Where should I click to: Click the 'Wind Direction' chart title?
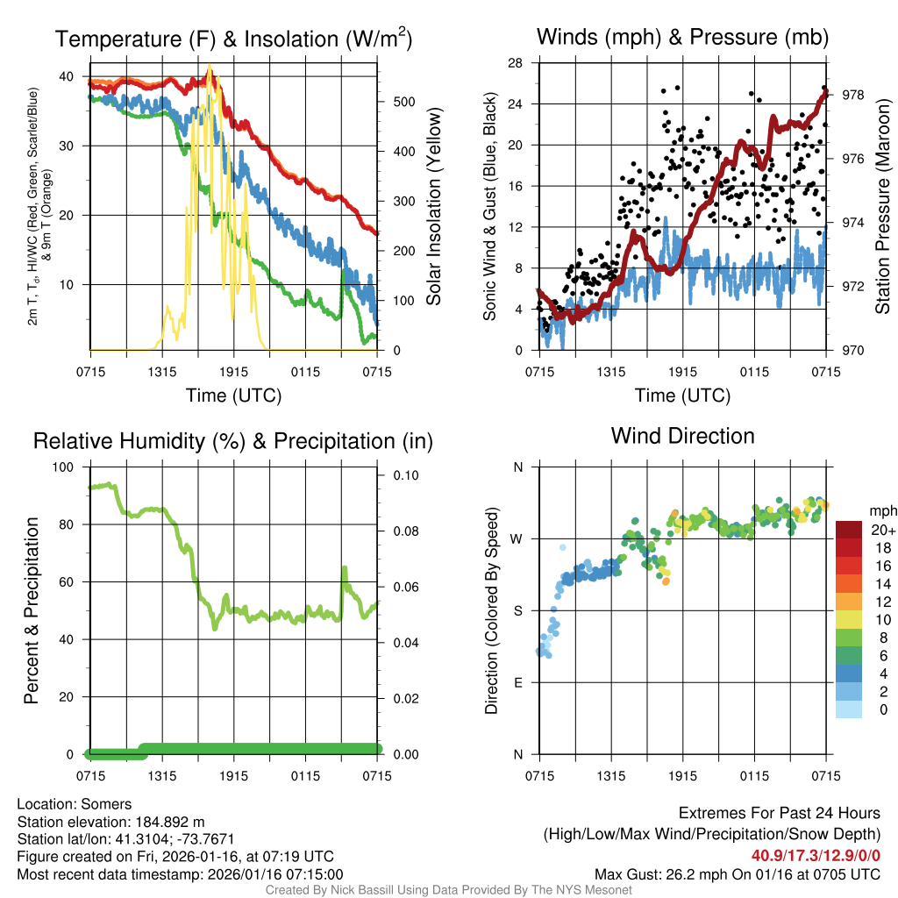tap(682, 436)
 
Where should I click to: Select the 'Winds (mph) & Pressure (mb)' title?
tap(682, 37)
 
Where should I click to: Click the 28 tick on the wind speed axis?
tap(517, 63)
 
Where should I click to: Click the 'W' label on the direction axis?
tap(517, 538)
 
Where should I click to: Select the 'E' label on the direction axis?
tap(517, 682)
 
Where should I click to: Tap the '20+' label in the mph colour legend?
tap(883, 531)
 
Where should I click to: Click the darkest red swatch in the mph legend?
tap(849, 530)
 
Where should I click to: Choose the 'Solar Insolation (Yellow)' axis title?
tap(434, 207)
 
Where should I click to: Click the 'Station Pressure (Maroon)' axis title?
tap(883, 207)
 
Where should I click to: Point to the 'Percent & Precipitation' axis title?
tap(32, 610)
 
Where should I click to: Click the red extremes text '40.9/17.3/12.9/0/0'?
tap(816, 855)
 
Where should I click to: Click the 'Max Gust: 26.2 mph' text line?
tap(737, 874)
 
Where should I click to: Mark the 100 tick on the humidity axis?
tap(68, 467)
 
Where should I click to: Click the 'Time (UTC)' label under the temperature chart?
tap(233, 396)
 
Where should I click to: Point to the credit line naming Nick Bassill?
tap(449, 890)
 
